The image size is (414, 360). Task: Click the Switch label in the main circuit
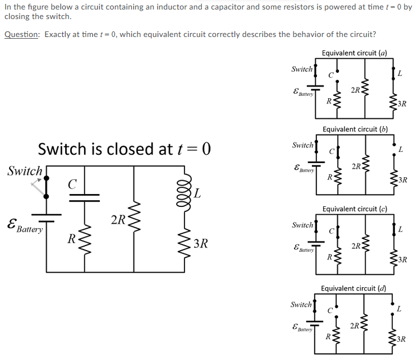[x=25, y=170]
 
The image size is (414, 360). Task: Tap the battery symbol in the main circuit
[x=45, y=217]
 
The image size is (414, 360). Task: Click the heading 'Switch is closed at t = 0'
[x=124, y=149]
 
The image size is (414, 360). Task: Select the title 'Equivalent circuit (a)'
[x=355, y=53]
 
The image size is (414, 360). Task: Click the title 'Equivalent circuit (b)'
[x=355, y=129]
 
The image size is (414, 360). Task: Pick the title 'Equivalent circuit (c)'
[x=355, y=209]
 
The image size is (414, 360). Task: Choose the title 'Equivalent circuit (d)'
[x=353, y=288]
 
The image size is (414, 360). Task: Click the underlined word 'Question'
[x=22, y=34]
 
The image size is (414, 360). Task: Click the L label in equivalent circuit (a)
[x=399, y=73]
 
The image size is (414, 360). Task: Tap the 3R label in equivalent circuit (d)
[x=401, y=339]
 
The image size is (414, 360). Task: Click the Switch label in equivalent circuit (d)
[x=301, y=304]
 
